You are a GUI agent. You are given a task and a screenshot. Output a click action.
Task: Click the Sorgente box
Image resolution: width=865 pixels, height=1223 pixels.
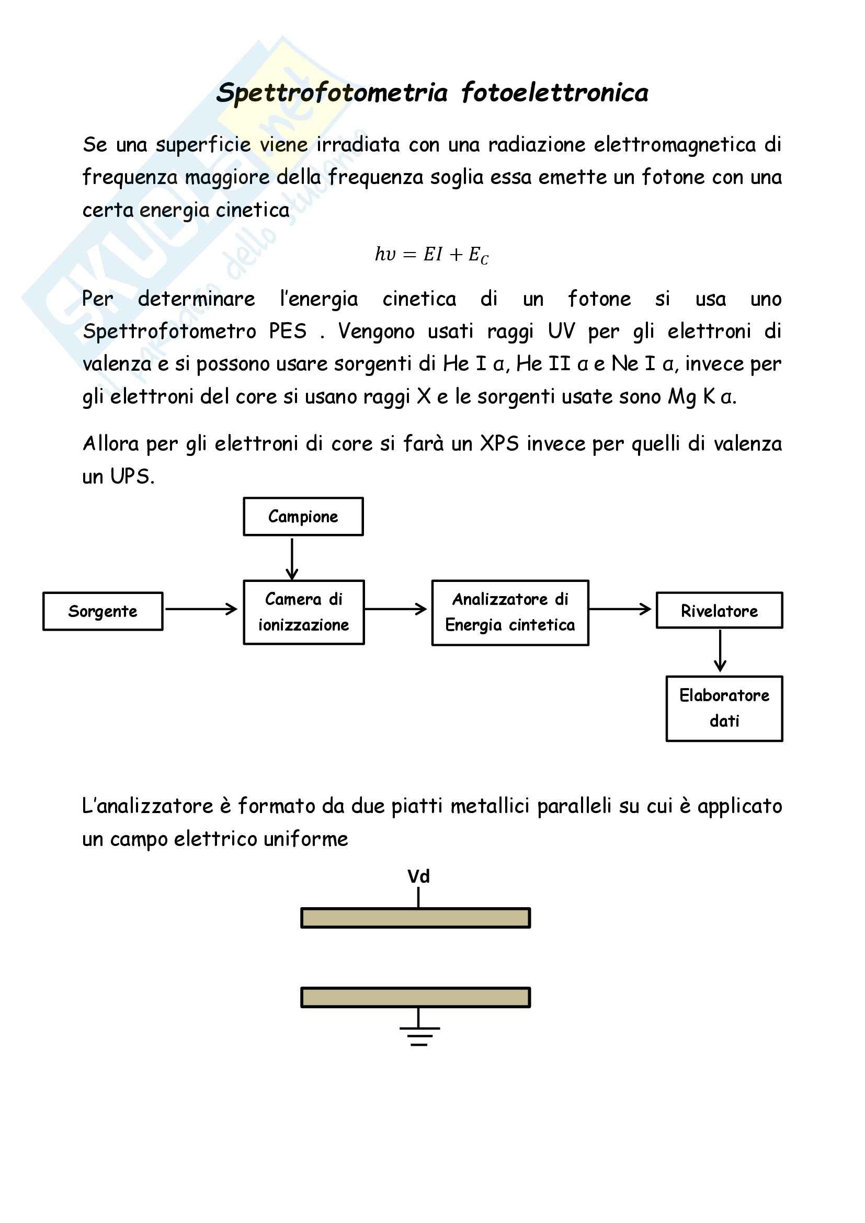103,611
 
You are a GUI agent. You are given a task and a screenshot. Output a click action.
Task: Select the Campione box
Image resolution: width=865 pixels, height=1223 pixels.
303,516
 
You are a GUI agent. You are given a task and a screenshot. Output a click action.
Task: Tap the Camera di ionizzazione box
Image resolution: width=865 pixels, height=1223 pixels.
304,612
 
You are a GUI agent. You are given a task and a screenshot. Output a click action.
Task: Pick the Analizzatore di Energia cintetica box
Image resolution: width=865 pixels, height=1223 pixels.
510,613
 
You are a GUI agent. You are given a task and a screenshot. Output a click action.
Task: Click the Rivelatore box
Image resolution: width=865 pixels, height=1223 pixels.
719,610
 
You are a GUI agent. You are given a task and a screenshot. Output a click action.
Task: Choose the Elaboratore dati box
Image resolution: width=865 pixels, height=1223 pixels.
724,708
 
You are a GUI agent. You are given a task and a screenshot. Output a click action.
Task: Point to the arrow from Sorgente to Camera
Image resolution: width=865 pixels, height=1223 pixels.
201,609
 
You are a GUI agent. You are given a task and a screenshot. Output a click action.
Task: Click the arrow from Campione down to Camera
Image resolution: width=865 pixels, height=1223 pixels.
292,558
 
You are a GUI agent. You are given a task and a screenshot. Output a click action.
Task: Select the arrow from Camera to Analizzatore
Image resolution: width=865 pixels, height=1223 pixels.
396,609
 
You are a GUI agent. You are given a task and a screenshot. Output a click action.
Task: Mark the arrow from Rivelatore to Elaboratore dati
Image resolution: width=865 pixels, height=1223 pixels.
720,651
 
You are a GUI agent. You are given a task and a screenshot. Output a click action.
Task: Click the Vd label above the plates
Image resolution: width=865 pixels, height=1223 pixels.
419,876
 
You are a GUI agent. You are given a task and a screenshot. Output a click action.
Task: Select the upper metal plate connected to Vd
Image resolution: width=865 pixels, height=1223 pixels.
415,918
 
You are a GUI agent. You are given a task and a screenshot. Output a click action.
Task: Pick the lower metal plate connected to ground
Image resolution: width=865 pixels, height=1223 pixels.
415,997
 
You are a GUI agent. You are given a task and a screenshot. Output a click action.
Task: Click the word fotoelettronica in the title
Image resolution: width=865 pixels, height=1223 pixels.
555,93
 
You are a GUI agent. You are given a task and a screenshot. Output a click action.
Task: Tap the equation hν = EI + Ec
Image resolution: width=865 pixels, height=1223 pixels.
431,255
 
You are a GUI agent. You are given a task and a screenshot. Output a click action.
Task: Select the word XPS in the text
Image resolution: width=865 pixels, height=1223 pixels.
499,443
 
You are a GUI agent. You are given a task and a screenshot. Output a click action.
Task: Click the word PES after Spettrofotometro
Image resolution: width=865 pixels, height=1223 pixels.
288,332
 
